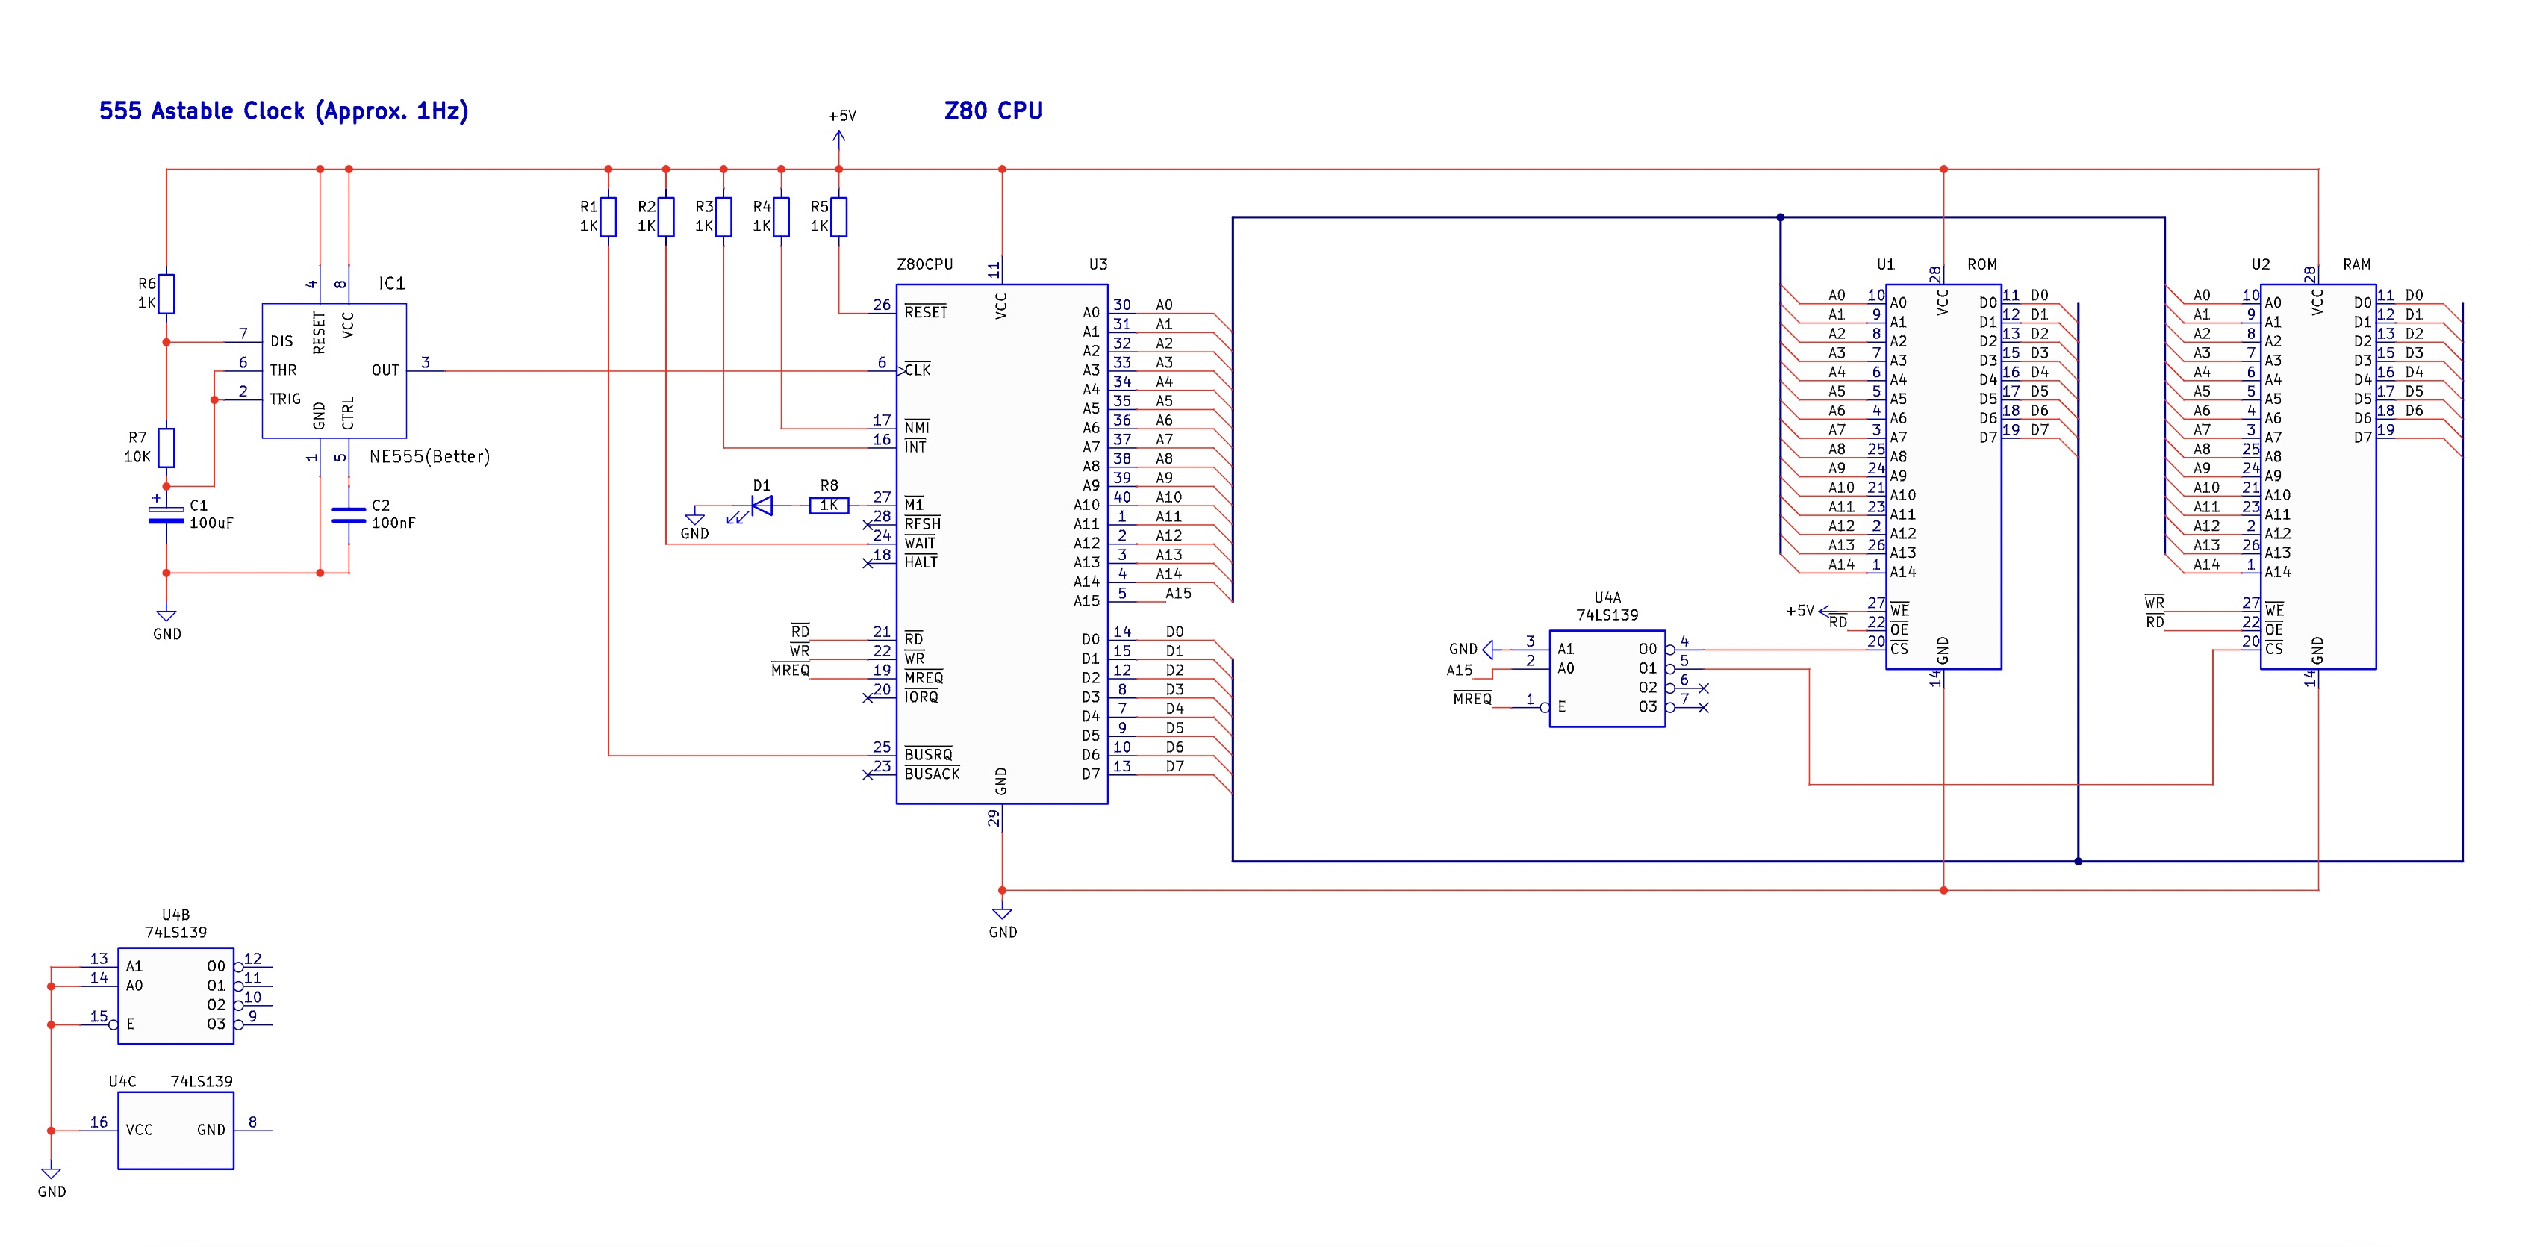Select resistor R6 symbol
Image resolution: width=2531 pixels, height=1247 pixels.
(167, 293)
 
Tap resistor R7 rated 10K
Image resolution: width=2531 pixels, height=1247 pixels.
(167, 447)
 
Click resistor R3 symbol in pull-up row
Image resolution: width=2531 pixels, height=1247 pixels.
(723, 217)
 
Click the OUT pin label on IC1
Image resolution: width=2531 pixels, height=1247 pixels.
(385, 370)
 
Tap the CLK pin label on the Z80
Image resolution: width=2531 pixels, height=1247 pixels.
(918, 370)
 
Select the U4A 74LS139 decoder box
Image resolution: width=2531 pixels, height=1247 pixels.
(1607, 678)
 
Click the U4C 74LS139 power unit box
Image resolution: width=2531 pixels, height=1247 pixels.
(176, 1130)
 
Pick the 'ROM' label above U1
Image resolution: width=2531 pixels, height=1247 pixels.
(1981, 264)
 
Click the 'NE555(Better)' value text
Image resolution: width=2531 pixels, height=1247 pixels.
(429, 457)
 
